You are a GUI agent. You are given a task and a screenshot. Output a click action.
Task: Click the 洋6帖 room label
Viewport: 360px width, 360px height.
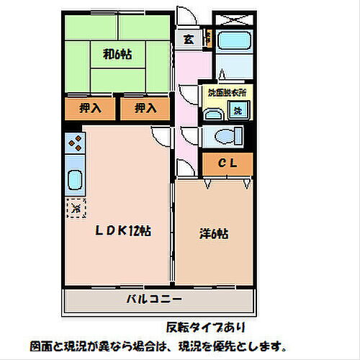214,233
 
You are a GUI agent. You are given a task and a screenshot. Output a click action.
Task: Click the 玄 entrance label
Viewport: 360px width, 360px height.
187,40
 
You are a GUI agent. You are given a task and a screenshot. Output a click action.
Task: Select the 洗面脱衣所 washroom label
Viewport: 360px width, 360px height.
226,93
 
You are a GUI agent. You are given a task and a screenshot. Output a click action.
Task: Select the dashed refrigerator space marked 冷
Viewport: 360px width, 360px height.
76,209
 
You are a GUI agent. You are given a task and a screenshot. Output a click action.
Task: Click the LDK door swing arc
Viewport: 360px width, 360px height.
159,135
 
